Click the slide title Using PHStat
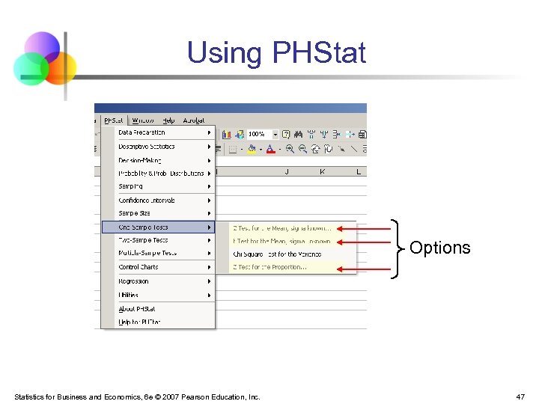click(276, 53)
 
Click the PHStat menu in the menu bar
click(114, 120)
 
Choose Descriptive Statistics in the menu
click(147, 147)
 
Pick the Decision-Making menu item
click(140, 160)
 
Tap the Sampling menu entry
click(130, 186)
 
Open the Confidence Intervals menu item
click(147, 201)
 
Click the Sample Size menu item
click(135, 213)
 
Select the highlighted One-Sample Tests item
click(144, 227)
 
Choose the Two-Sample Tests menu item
click(144, 240)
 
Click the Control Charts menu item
click(138, 266)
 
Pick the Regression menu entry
click(134, 281)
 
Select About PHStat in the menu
click(137, 308)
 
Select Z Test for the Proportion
click(269, 267)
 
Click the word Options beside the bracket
click(440, 248)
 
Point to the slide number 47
click(520, 397)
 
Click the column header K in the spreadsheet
click(322, 172)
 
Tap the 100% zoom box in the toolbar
click(258, 134)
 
